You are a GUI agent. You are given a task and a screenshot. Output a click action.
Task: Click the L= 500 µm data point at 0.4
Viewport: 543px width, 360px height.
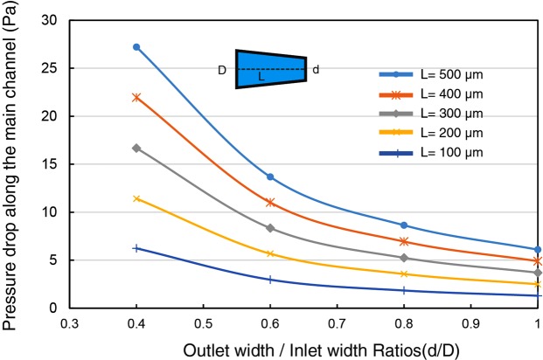[136, 46]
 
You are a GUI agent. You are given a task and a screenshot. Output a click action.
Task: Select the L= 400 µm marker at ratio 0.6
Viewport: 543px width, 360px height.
[270, 202]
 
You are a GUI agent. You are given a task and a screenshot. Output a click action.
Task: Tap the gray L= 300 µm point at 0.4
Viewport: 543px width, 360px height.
[136, 148]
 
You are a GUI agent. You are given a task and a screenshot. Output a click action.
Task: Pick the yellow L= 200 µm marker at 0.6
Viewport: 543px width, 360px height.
[270, 253]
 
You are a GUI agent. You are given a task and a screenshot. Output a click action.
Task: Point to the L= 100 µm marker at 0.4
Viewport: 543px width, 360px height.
[136, 248]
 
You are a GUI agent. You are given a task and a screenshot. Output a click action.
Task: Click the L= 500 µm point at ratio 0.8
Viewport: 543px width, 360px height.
[404, 225]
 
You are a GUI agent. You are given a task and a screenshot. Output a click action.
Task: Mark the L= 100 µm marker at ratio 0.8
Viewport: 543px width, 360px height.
[404, 290]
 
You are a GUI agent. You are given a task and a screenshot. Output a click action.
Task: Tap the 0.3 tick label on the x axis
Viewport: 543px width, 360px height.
[70, 322]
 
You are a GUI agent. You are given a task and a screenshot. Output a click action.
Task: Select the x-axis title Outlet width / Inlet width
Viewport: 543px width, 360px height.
[304, 347]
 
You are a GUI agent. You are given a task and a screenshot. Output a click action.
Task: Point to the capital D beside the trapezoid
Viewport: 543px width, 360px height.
[222, 70]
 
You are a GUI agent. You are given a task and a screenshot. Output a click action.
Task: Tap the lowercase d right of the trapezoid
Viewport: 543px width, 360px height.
[316, 69]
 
